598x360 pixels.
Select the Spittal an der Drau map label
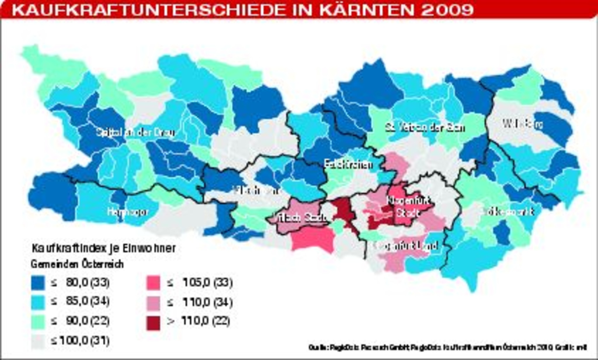pyautogui.click(x=135, y=133)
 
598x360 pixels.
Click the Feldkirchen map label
pyautogui.click(x=349, y=165)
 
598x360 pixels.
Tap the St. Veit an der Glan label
pyautogui.click(x=425, y=128)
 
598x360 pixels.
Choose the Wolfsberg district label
pyautogui.click(x=523, y=124)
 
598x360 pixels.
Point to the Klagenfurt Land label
pyautogui.click(x=406, y=246)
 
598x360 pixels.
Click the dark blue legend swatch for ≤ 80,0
pyautogui.click(x=38, y=283)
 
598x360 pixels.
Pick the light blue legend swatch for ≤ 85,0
pyautogui.click(x=38, y=302)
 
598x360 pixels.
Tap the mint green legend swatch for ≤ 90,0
pyautogui.click(x=38, y=321)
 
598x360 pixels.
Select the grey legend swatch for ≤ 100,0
pyautogui.click(x=38, y=341)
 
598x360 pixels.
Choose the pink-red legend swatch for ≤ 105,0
pyautogui.click(x=153, y=283)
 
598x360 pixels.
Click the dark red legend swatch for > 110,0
pyautogui.click(x=153, y=322)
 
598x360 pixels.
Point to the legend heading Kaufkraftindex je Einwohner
pyautogui.click(x=104, y=248)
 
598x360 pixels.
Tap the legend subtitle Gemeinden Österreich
pyautogui.click(x=77, y=264)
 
